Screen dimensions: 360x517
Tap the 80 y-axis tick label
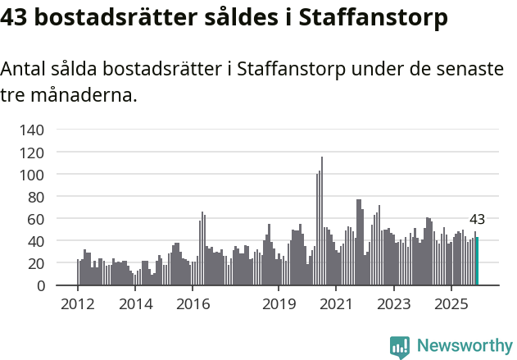[x=36, y=197]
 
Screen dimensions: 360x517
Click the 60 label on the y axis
[x=36, y=219]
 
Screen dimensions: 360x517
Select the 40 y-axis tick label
[x=36, y=241]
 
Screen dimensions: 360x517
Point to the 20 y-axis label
[x=36, y=263]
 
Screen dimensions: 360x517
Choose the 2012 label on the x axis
[x=78, y=304]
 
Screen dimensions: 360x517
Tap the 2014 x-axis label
[x=135, y=304]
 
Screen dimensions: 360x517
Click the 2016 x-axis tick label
[x=193, y=304]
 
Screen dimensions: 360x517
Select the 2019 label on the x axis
[x=279, y=304]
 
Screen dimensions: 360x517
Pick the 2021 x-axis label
[x=336, y=304]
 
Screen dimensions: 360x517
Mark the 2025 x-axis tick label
[x=451, y=304]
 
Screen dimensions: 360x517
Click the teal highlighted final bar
[x=477, y=262]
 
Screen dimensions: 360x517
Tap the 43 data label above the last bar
[x=477, y=220]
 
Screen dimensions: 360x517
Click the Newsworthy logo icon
[x=399, y=346]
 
